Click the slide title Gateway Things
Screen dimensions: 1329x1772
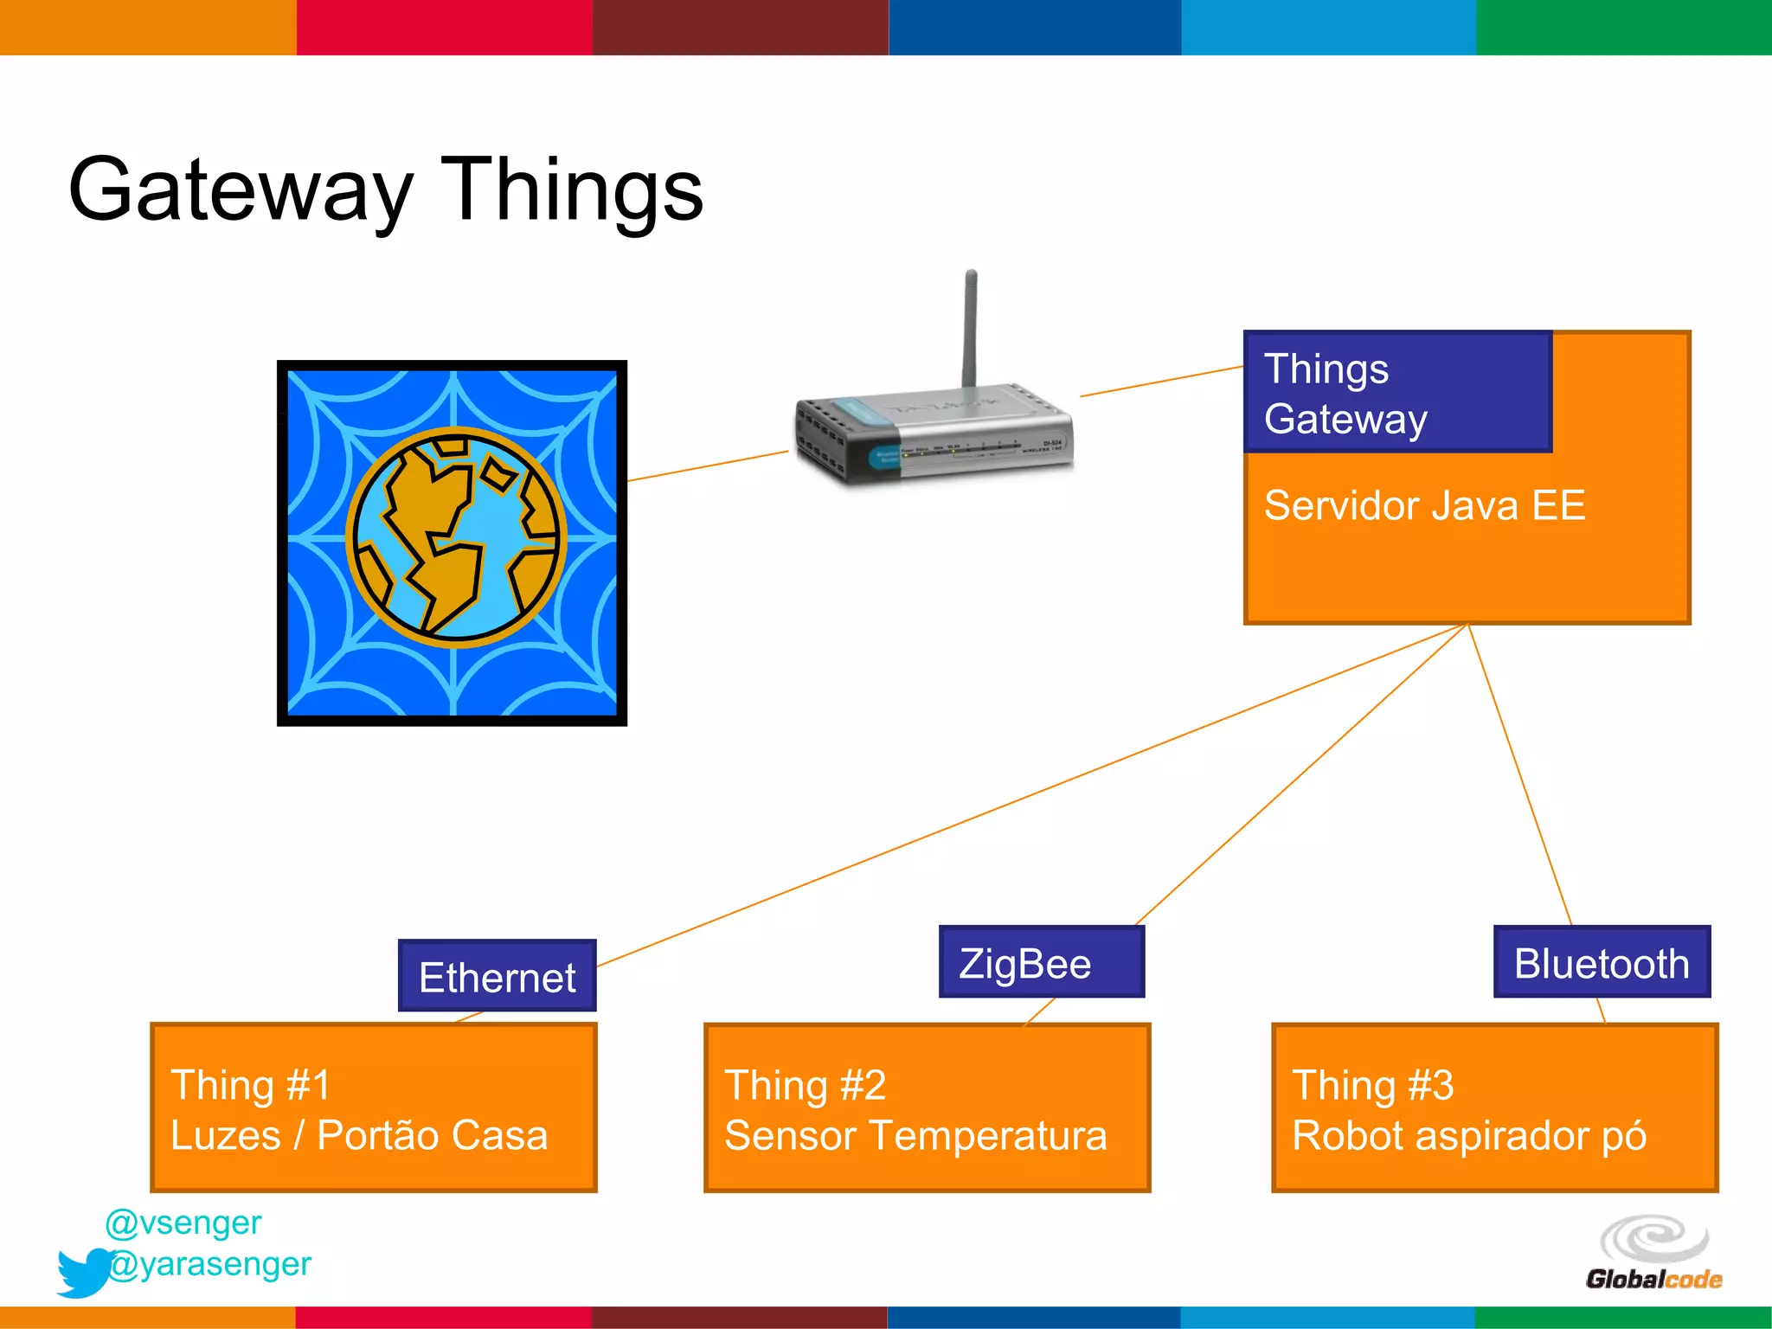pyautogui.click(x=386, y=189)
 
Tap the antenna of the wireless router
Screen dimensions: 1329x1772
pyautogui.click(x=971, y=329)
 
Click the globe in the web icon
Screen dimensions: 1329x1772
pyautogui.click(x=456, y=538)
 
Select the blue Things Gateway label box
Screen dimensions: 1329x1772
pyautogui.click(x=1396, y=392)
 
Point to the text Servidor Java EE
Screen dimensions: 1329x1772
pyautogui.click(x=1424, y=505)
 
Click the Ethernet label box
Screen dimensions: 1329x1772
pyautogui.click(x=497, y=976)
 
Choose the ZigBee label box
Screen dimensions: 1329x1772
pyautogui.click(x=1041, y=962)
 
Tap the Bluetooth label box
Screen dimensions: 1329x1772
pyautogui.click(x=1601, y=962)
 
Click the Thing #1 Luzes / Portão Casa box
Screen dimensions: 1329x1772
pyautogui.click(x=373, y=1107)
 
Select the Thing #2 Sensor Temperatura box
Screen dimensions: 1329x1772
pyautogui.click(x=927, y=1107)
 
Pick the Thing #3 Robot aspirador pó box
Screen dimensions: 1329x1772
pyautogui.click(x=1494, y=1107)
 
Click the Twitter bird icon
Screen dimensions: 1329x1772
pyautogui.click(x=84, y=1272)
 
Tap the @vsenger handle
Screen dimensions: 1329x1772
pyautogui.click(x=183, y=1223)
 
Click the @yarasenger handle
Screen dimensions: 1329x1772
pyautogui.click(x=210, y=1264)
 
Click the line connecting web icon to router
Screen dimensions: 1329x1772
pyautogui.click(x=707, y=465)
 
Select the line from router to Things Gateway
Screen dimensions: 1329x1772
pyautogui.click(x=1161, y=382)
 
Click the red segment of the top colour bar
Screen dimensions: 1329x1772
pyautogui.click(x=444, y=27)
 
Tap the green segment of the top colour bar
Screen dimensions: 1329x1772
pyautogui.click(x=1623, y=27)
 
